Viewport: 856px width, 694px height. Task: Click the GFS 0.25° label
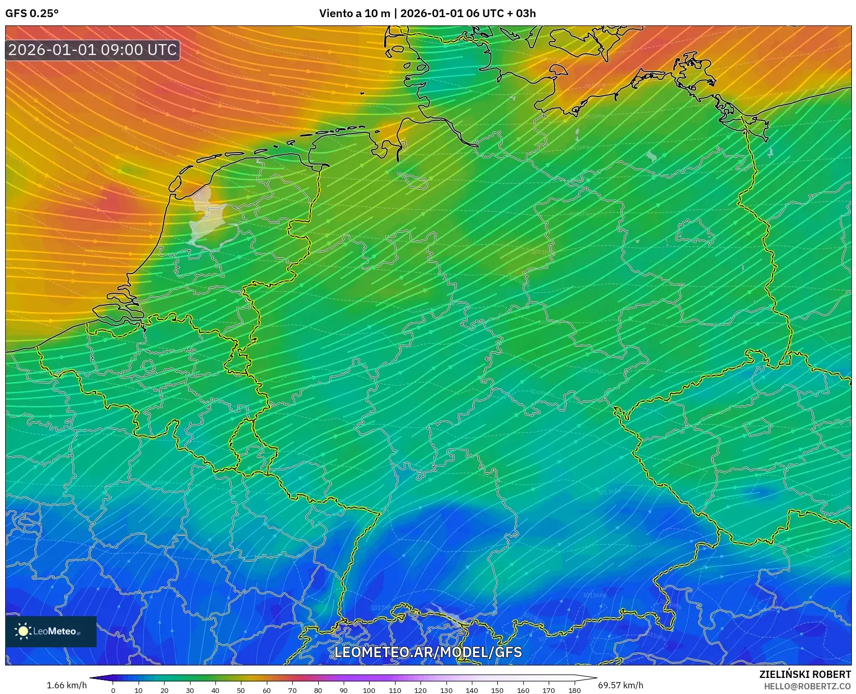pos(32,13)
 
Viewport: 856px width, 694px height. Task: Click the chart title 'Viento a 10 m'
pos(354,13)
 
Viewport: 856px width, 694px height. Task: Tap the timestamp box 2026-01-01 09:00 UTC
pos(92,50)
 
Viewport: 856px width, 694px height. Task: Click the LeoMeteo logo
pos(51,631)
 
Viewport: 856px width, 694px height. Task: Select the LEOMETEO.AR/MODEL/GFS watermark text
pos(428,652)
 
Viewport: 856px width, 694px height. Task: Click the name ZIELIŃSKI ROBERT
pos(805,675)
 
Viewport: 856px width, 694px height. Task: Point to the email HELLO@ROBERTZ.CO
pos(807,686)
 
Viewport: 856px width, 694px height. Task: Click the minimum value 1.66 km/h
pos(66,685)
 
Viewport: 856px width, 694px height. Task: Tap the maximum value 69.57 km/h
pos(620,685)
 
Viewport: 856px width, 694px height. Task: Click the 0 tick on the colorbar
pos(113,690)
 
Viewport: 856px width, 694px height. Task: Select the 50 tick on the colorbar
pos(241,690)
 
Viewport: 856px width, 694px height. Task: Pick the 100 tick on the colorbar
pos(369,690)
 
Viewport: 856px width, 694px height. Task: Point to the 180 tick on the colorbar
pos(574,690)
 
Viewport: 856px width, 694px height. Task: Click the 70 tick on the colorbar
pos(292,690)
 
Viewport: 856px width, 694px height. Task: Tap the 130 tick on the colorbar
pos(446,690)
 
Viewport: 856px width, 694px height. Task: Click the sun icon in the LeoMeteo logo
pos(23,631)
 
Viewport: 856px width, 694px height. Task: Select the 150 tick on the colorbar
pos(497,690)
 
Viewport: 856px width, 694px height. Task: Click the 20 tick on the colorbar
pos(164,690)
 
